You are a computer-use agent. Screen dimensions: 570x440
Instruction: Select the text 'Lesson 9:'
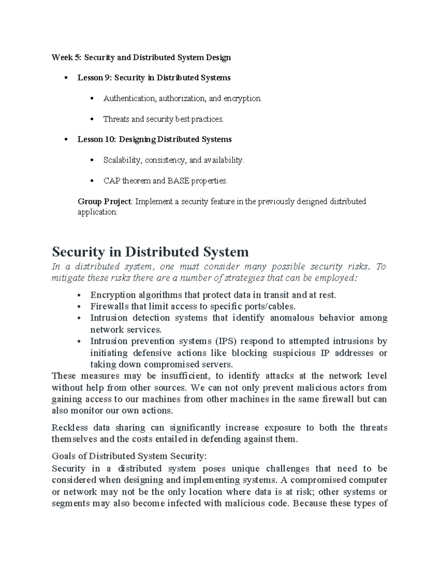tap(94, 78)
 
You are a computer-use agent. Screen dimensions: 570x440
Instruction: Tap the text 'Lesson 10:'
tap(96, 139)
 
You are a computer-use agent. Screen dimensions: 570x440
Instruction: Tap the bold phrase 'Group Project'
tap(104, 202)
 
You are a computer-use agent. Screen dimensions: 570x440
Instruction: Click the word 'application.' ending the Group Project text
tap(98, 212)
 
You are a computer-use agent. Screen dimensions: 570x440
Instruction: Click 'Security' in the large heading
tap(78, 252)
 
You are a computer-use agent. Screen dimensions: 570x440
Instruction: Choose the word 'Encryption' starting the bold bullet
tap(113, 295)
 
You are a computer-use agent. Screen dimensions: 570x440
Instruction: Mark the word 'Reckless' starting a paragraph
tap(70, 428)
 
